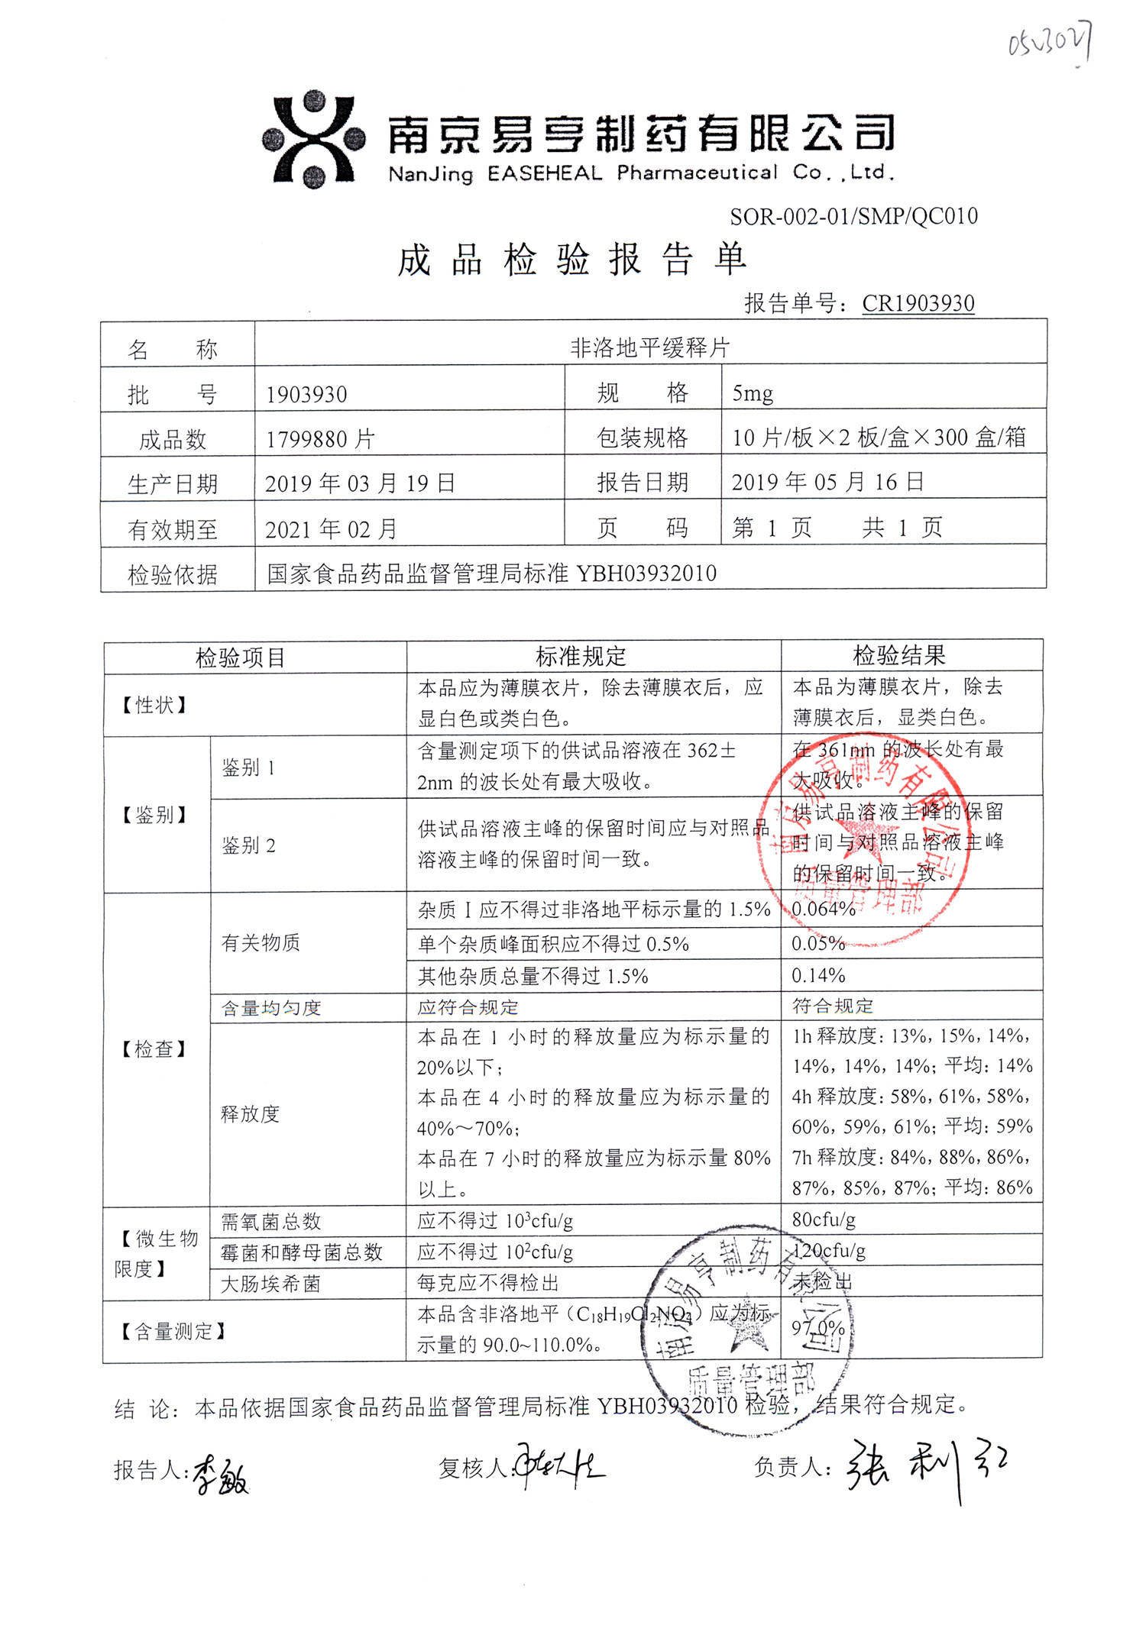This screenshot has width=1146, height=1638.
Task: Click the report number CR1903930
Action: click(918, 303)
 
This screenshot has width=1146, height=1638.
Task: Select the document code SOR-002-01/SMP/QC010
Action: click(853, 217)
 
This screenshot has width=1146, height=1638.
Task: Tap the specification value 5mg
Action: click(753, 393)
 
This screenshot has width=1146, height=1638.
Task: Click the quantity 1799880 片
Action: click(320, 439)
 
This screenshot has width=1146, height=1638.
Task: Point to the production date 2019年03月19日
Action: click(360, 483)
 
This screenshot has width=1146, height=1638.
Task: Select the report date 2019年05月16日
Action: click(827, 482)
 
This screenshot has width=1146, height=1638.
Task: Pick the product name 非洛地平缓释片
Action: click(649, 348)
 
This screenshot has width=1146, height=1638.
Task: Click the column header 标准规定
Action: click(581, 656)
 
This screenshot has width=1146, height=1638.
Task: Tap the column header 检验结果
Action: click(899, 655)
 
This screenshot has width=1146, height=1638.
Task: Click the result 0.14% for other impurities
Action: click(818, 975)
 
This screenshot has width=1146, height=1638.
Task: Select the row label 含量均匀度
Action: click(271, 1008)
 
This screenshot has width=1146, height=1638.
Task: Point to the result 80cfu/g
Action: click(823, 1220)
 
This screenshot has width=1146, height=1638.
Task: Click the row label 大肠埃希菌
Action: click(270, 1284)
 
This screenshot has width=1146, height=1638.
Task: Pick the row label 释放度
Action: click(250, 1113)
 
